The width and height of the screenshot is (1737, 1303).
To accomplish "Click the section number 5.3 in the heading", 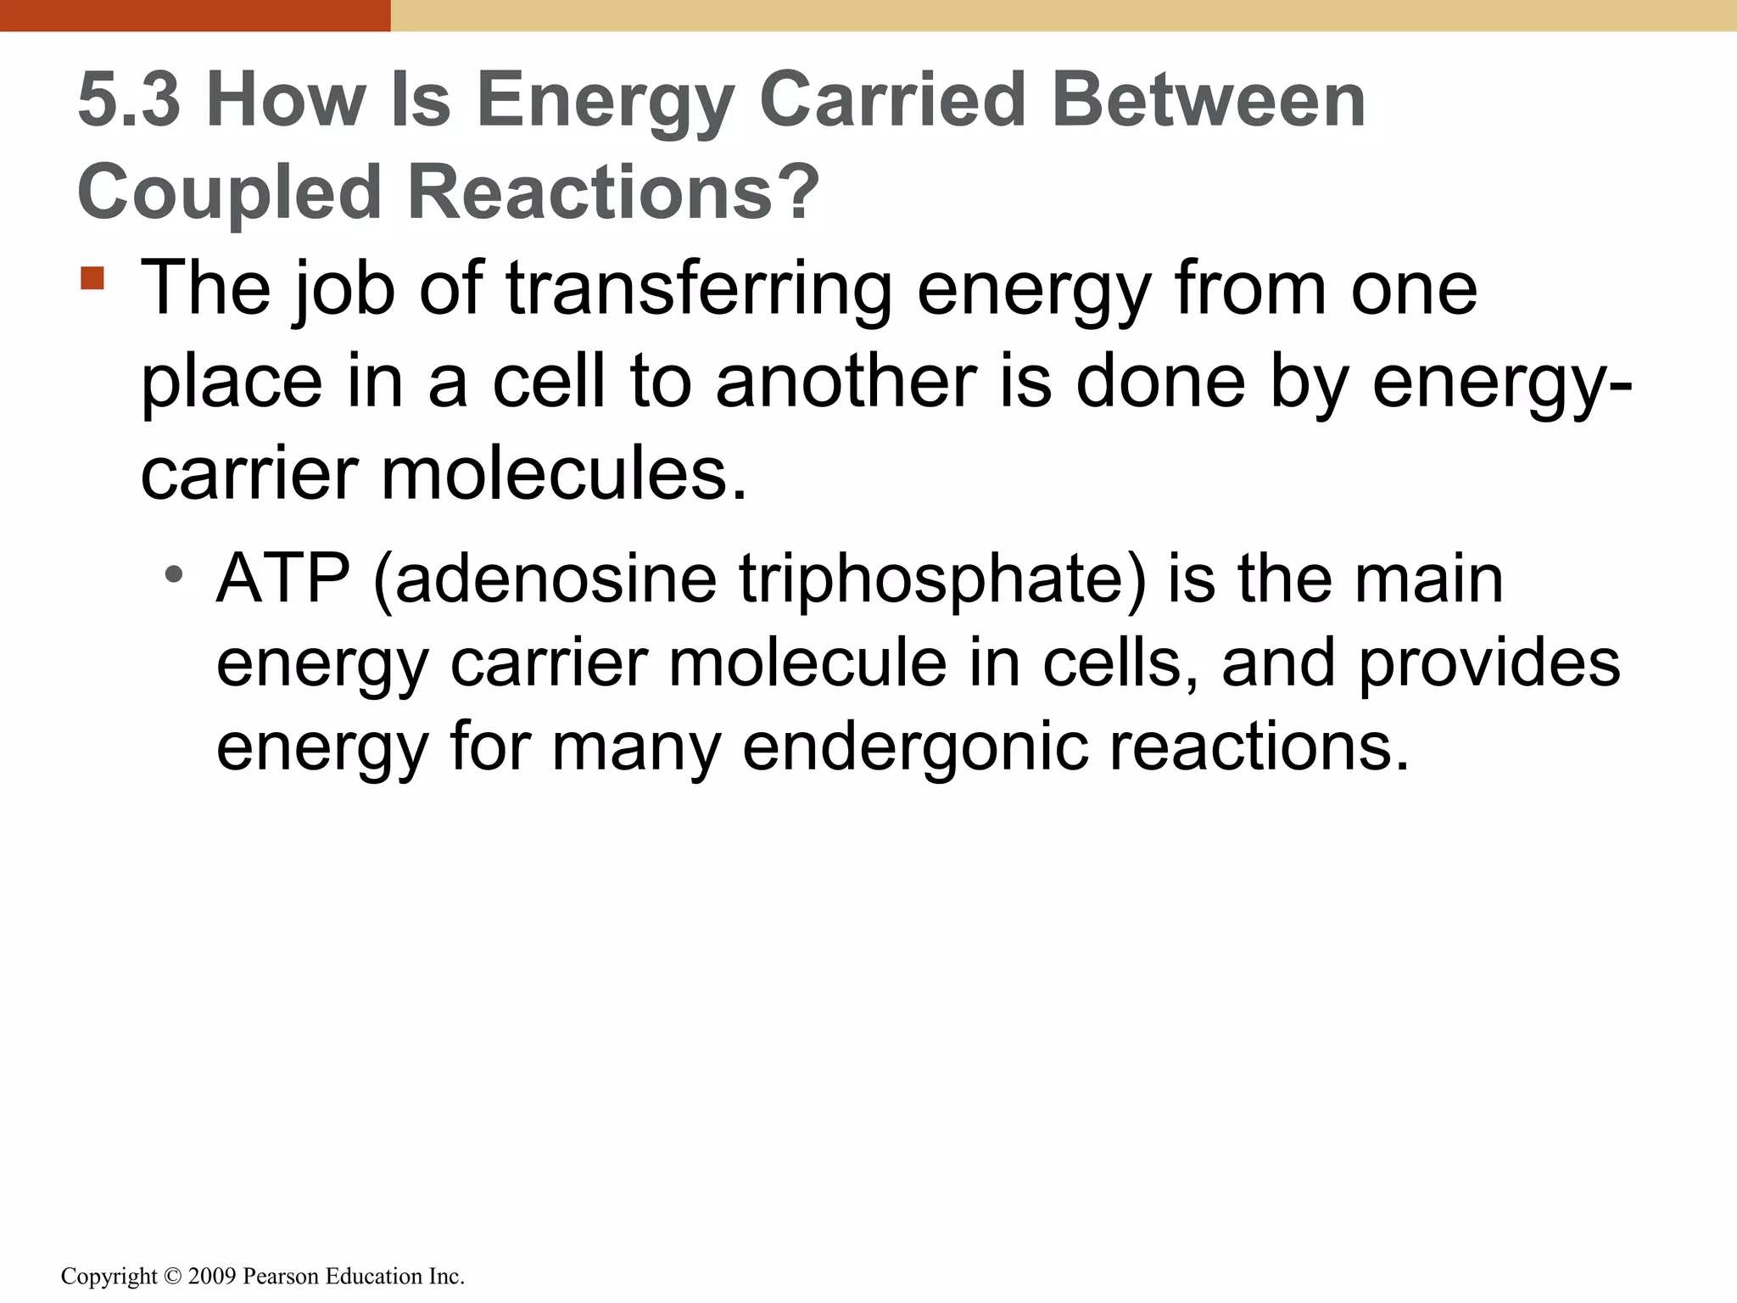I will (x=129, y=100).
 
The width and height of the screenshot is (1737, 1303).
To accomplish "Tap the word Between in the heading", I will (x=1208, y=100).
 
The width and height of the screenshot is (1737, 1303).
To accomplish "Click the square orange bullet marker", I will (x=92, y=278).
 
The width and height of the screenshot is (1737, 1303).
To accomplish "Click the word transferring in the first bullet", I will (x=699, y=290).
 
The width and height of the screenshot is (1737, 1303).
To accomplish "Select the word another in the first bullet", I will (x=846, y=382).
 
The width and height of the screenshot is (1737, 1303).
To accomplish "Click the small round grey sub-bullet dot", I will (x=174, y=575).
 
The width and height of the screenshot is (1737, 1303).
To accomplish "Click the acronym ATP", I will (x=283, y=579).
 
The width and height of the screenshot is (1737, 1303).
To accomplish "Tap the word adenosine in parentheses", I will (x=556, y=579).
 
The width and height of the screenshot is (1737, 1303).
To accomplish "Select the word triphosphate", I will (x=940, y=579).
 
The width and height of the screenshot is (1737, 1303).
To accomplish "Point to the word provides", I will (x=1489, y=663).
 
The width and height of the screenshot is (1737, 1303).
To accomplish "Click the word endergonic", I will (x=915, y=747).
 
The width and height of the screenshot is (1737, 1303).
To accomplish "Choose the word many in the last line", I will (x=636, y=747).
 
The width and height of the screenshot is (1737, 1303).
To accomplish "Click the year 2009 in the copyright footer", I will (x=211, y=1276).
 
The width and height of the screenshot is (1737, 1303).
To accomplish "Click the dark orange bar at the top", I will (x=195, y=15).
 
